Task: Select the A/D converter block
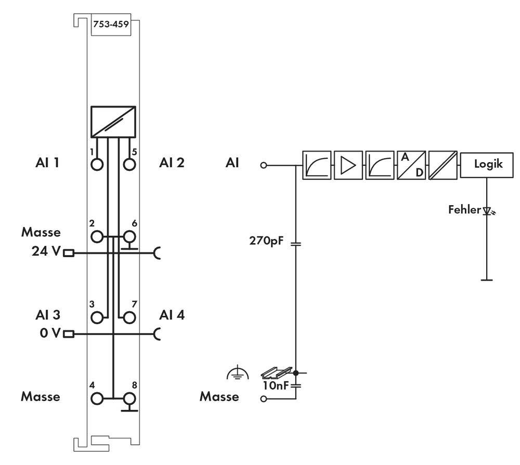pyautogui.click(x=411, y=165)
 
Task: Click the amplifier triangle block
pyautogui.click(x=348, y=165)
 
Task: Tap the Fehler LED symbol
pyautogui.click(x=487, y=211)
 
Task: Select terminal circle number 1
pyautogui.click(x=97, y=164)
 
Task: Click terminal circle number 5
pyautogui.click(x=129, y=164)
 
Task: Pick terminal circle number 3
pyautogui.click(x=97, y=316)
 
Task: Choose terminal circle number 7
pyautogui.click(x=129, y=316)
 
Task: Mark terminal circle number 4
pyautogui.click(x=97, y=398)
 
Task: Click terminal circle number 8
pyautogui.click(x=129, y=398)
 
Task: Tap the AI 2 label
pyautogui.click(x=172, y=163)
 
